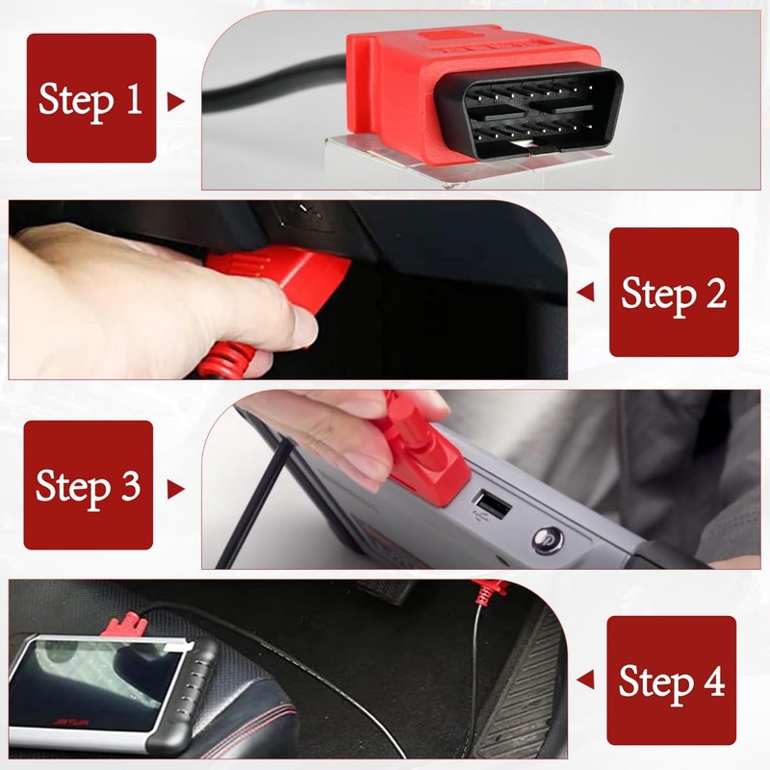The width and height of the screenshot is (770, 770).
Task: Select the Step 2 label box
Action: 674,293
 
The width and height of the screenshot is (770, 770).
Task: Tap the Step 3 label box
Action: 88,485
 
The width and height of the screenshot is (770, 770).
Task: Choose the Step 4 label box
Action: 671,680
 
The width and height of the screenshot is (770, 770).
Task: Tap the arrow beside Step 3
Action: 175,489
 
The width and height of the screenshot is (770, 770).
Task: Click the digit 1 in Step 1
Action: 132,99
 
